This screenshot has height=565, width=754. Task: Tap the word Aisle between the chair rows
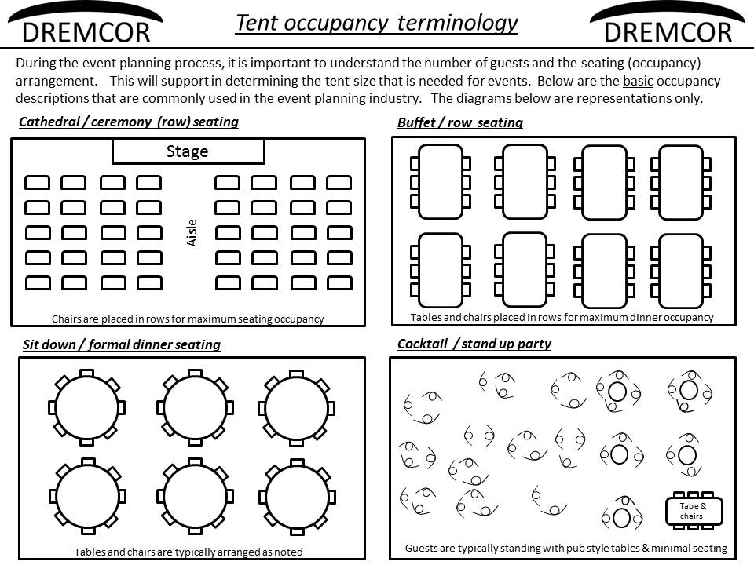click(x=192, y=233)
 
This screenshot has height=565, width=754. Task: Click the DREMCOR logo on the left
click(x=86, y=25)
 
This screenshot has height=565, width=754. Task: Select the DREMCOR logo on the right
click(x=668, y=25)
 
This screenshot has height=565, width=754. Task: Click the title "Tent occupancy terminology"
click(x=376, y=23)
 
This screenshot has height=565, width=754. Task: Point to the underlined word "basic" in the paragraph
click(x=638, y=81)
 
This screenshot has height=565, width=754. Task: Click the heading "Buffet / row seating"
click(x=460, y=122)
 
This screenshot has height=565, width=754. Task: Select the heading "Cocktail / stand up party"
click(x=474, y=344)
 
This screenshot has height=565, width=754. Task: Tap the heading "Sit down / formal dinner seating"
click(x=122, y=344)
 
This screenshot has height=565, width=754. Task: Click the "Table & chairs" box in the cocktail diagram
click(x=694, y=511)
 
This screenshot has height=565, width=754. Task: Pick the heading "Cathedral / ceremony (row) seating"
click(x=129, y=122)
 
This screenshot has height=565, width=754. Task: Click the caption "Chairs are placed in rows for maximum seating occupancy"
click(x=188, y=319)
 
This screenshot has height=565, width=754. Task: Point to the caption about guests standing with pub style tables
click(x=566, y=549)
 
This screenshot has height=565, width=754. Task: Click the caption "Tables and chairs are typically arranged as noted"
click(x=188, y=552)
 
